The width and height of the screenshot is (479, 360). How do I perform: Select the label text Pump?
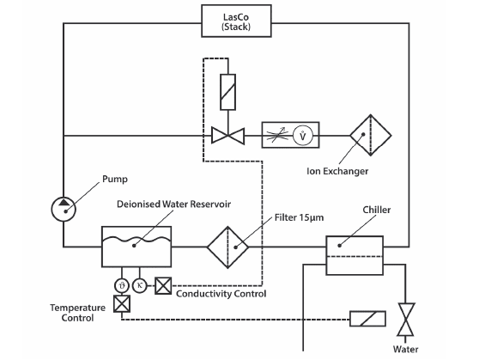tap(114, 179)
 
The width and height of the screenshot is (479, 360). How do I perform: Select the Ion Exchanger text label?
tap(337, 171)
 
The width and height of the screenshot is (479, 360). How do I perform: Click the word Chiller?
tap(376, 210)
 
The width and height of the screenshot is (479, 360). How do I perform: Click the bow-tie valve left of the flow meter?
tap(227, 136)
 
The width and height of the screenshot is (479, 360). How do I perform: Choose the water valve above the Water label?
tap(405, 320)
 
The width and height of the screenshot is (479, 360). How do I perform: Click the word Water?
tap(405, 350)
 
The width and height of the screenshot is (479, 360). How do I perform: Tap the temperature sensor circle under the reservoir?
tap(122, 286)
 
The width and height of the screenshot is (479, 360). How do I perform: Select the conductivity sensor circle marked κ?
tap(140, 285)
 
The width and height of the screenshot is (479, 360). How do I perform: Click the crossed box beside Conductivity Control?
tap(163, 285)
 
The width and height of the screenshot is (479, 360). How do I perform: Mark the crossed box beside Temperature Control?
tap(122, 303)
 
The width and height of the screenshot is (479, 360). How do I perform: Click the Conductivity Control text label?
tap(221, 294)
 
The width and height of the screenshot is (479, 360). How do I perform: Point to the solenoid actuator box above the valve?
tap(227, 92)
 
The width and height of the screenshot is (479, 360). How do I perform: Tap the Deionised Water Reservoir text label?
tap(173, 204)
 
